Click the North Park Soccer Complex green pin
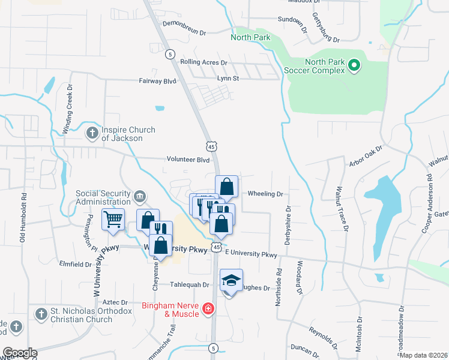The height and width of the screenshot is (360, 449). (x=354, y=66)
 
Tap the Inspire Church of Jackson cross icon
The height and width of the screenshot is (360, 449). (x=92, y=133)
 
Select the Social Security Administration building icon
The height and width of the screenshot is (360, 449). (x=140, y=196)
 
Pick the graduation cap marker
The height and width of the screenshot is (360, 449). (x=231, y=281)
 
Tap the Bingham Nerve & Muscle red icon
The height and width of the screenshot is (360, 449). (x=208, y=308)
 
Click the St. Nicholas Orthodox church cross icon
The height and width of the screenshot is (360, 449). (x=41, y=314)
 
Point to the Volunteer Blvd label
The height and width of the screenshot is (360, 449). (x=187, y=160)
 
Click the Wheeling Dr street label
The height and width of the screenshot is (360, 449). (x=265, y=194)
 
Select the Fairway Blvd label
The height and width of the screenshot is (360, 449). (x=158, y=80)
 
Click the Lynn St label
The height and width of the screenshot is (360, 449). (x=228, y=78)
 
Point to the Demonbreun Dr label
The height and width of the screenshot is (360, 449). (x=184, y=33)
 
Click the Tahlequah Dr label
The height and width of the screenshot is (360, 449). (x=188, y=285)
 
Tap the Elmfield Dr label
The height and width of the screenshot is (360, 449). (x=75, y=264)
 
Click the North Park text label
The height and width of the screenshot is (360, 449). (x=251, y=37)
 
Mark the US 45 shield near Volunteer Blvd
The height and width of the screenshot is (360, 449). (x=211, y=146)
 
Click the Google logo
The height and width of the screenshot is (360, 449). (x=19, y=353)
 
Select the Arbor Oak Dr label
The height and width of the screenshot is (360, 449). (x=366, y=155)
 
